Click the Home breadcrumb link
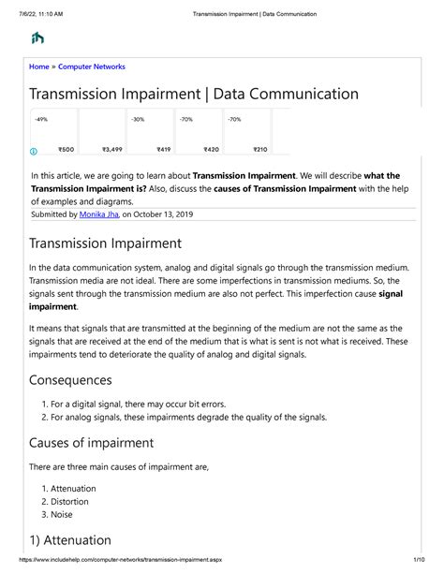[39, 66]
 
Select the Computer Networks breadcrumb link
[92, 66]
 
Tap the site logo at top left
[37, 37]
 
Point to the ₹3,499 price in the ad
[111, 150]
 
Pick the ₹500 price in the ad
[66, 150]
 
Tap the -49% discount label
[42, 120]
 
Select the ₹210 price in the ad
[259, 150]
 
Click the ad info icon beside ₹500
[35, 150]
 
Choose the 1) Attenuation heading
[70, 540]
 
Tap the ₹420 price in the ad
[211, 150]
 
